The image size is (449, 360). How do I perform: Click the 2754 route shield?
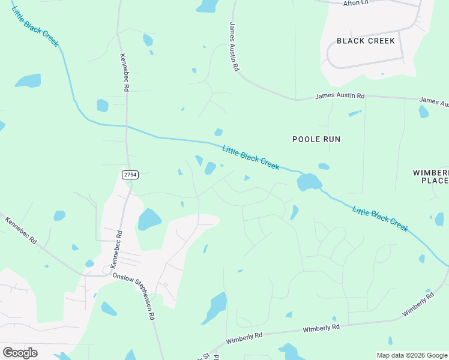tap(130, 174)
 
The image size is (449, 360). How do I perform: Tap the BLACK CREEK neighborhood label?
tap(366, 41)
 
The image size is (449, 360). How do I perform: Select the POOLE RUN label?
tap(316, 139)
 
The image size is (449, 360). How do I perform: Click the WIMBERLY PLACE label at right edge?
tap(432, 176)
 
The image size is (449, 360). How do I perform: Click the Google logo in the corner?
tap(20, 353)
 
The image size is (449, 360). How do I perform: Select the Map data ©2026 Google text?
tap(412, 355)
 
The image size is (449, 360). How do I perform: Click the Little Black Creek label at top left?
tap(35, 26)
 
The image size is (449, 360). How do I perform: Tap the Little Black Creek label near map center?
tap(250, 158)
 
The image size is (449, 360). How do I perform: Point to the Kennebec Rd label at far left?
tap(21, 229)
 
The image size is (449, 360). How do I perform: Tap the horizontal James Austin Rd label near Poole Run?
tap(340, 96)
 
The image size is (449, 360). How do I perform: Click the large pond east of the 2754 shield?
tap(149, 220)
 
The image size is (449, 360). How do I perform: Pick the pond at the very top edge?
tap(208, 6)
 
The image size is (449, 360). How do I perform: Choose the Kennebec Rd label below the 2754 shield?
tap(116, 249)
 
